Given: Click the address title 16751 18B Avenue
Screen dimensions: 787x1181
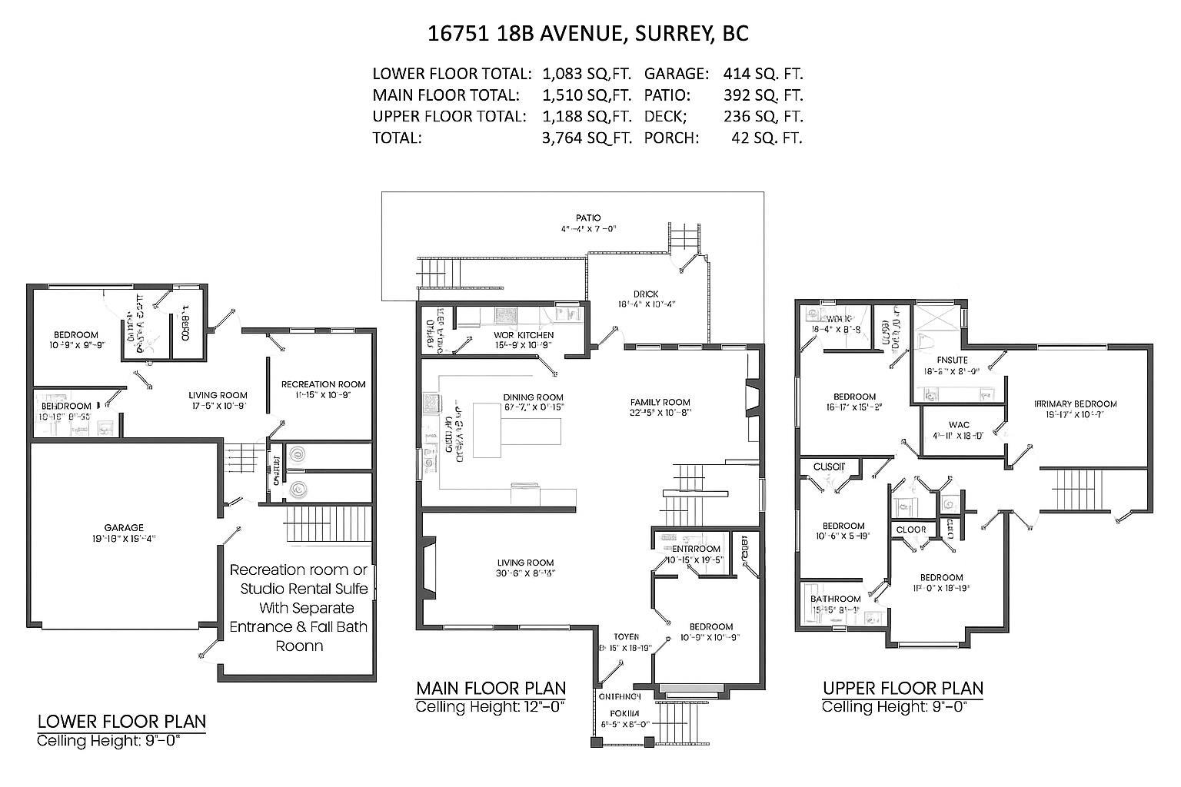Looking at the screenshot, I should (588, 34).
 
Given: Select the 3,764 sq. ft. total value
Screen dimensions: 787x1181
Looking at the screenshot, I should (587, 138).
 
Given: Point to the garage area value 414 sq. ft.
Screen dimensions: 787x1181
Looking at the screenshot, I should (763, 75).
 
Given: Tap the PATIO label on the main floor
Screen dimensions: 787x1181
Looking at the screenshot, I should (588, 218).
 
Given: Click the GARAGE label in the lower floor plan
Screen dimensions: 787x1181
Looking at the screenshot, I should (124, 528).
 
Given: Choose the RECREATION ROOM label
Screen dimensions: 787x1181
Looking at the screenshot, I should (323, 384).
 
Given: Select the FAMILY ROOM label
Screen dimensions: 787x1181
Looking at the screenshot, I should (660, 402).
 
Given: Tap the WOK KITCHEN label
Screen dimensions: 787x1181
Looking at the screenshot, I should (524, 335).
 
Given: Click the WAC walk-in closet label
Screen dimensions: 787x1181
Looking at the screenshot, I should (959, 425).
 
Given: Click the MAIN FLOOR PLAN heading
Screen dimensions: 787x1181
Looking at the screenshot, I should (491, 688).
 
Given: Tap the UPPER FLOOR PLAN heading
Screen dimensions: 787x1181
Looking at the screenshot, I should (902, 688).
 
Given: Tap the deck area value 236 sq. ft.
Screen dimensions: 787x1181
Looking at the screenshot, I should (763, 117).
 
